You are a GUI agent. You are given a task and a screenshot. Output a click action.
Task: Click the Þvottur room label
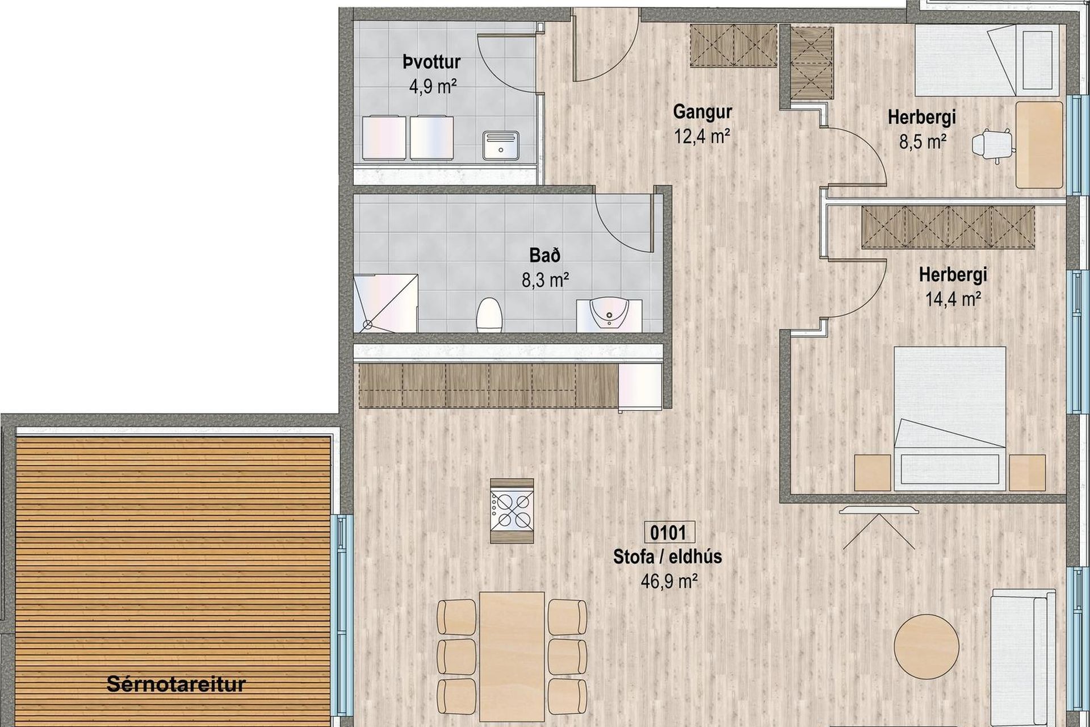[431, 62]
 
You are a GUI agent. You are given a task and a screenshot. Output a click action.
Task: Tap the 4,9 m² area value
[433, 86]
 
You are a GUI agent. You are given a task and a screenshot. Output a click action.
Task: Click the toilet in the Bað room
[489, 316]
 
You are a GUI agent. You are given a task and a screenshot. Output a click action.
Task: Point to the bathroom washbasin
[609, 315]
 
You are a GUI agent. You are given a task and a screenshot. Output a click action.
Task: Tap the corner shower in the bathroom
[386, 303]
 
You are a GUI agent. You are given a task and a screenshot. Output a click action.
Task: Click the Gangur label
[702, 112]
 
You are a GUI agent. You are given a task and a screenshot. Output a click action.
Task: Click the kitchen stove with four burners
[513, 510]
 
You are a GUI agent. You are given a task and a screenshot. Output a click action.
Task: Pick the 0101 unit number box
[668, 533]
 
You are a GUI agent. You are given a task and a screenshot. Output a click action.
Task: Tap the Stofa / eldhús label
[668, 557]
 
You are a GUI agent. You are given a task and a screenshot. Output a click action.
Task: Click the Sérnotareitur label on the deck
[176, 684]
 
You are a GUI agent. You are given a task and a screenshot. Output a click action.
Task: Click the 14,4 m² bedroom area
[953, 299]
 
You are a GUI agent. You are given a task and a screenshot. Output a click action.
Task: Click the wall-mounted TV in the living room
[878, 509]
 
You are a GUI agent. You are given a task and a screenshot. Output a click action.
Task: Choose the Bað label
[545, 256]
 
